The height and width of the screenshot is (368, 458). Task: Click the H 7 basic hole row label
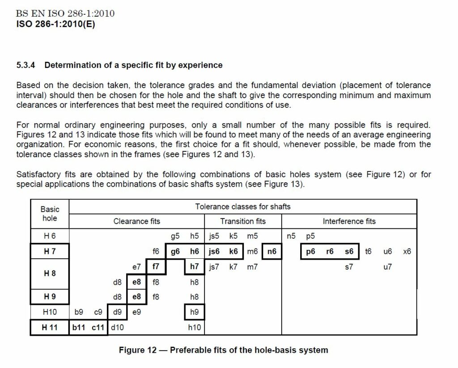coord(50,252)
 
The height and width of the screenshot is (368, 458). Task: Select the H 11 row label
coord(50,327)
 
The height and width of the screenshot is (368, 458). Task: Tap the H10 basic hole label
coord(50,312)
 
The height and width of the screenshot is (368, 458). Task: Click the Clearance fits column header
coord(136,221)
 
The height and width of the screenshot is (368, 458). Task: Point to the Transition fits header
coord(243,221)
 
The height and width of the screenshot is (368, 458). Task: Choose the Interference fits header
coord(349,221)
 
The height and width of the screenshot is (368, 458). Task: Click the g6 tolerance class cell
coord(175,252)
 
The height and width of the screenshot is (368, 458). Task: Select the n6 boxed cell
coord(272,252)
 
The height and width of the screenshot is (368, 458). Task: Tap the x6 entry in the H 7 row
coord(407,252)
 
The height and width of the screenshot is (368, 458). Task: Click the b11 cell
coord(79,327)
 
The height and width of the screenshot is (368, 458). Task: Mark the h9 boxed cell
coord(194,312)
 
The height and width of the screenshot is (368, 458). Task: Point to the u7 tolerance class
coord(387,267)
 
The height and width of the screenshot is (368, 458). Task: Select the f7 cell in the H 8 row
coord(156,267)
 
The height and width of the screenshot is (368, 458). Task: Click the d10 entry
coord(117,327)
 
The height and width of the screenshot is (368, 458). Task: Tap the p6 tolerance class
coord(310,252)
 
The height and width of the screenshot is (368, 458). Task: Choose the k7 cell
coord(233,267)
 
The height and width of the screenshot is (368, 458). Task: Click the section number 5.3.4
coord(26,65)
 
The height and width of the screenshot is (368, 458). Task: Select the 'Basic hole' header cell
coord(50,214)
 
